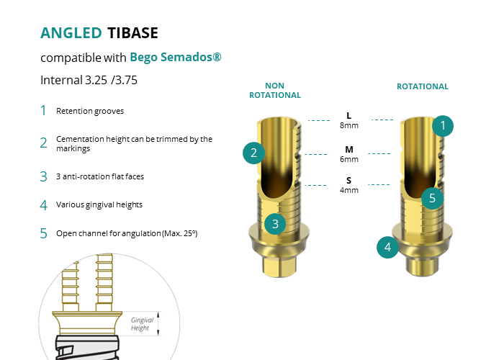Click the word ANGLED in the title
(71, 33)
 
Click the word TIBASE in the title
(132, 33)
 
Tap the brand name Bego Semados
(176, 57)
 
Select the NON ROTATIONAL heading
(275, 90)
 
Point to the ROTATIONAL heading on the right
(423, 86)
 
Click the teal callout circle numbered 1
(443, 126)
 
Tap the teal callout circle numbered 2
(253, 153)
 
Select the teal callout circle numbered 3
(275, 224)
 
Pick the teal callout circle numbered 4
(387, 247)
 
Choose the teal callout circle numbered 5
(432, 198)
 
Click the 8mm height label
(349, 125)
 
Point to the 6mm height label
(349, 159)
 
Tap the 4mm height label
(349, 190)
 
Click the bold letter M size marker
(349, 150)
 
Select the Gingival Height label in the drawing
(142, 324)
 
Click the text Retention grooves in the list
(90, 111)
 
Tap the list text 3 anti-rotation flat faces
(100, 176)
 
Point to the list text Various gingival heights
(99, 204)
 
